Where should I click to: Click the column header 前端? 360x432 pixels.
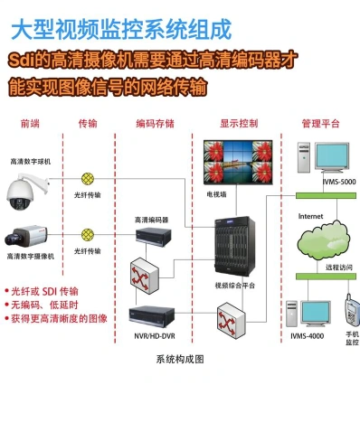click(x=30, y=124)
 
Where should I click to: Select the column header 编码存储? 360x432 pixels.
click(x=155, y=124)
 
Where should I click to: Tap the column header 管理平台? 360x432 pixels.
click(x=320, y=124)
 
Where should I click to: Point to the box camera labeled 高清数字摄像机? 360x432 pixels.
click(x=26, y=236)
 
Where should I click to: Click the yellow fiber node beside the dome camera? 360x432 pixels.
click(x=88, y=179)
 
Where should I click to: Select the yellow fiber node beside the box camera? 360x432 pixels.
click(x=88, y=234)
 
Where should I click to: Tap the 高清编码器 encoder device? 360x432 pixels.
click(x=154, y=236)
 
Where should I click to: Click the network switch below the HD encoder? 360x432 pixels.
click(x=145, y=276)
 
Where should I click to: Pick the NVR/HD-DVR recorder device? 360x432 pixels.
click(x=152, y=316)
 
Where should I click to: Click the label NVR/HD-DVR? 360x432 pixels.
click(x=155, y=336)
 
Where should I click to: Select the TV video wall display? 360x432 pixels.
click(x=238, y=162)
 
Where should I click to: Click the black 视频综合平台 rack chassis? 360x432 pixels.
click(x=234, y=246)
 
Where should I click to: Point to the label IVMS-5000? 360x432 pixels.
click(x=339, y=182)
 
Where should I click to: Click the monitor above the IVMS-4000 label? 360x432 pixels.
click(x=316, y=314)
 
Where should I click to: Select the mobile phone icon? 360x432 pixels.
click(x=352, y=311)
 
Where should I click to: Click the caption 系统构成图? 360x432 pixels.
click(x=180, y=359)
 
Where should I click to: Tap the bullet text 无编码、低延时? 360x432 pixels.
click(x=44, y=305)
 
